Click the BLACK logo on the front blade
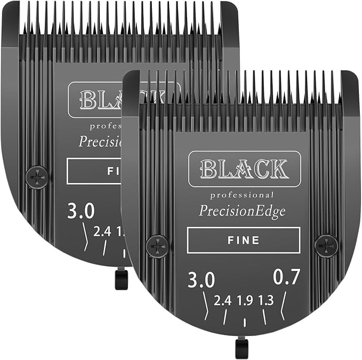click(x=244, y=169)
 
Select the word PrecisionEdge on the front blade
click(x=243, y=211)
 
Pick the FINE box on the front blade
click(x=243, y=240)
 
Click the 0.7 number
click(x=287, y=277)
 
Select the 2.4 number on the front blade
click(x=222, y=301)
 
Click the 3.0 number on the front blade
click(x=200, y=279)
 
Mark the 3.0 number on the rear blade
click(x=81, y=211)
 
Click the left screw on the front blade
click(x=158, y=246)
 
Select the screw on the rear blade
click(x=37, y=177)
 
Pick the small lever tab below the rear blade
click(x=122, y=279)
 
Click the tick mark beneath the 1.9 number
click(x=244, y=323)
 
